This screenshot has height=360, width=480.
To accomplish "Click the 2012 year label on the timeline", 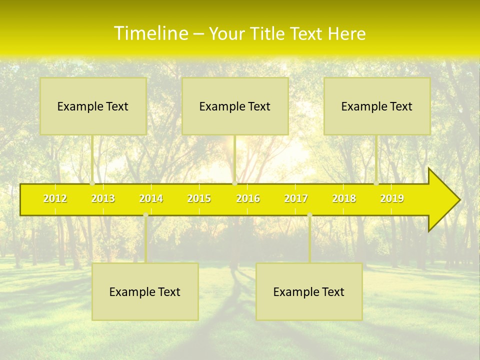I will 55,198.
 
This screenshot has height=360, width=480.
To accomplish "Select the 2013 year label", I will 103,198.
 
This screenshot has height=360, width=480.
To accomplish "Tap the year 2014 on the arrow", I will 151,198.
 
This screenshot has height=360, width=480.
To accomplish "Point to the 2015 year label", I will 199,198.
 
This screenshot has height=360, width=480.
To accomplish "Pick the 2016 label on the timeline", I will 248,198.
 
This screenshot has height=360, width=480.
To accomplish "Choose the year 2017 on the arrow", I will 296,198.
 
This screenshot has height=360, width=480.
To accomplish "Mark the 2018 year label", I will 344,198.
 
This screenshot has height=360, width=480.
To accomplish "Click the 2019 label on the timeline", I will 392,198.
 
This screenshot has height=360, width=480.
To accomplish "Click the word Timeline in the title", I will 150,33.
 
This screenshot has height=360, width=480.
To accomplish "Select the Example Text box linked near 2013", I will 93,106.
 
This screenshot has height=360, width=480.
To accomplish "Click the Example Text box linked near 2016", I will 235,106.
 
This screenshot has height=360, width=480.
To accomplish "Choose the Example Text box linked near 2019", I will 377,106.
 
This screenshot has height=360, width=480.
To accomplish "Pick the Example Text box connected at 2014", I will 145,291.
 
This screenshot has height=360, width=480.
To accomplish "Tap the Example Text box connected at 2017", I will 309,291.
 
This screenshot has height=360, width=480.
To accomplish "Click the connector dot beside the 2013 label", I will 92,183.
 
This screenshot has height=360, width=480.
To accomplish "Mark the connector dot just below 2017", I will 309,215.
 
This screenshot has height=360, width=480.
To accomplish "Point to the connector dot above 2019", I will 376,183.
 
